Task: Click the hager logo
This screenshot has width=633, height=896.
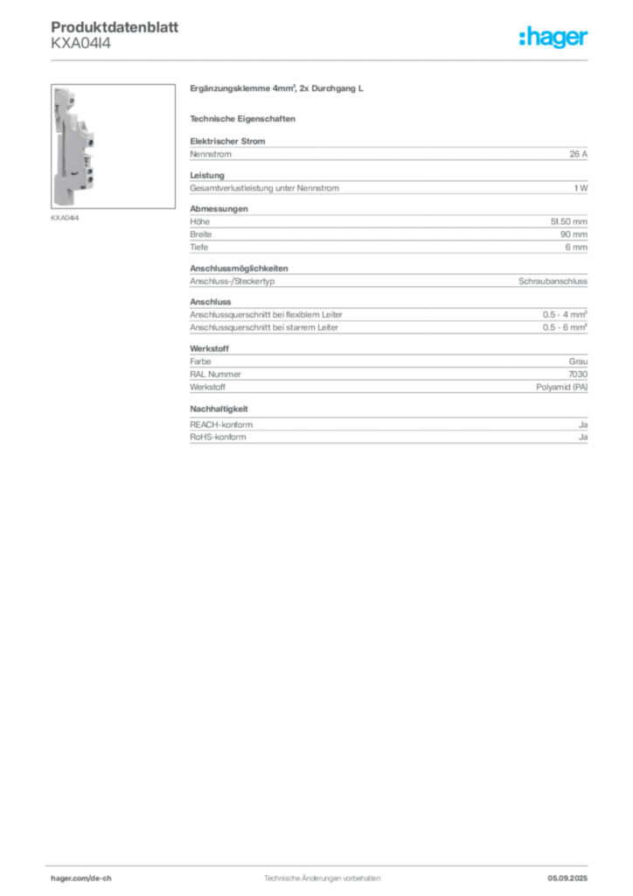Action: click(x=553, y=38)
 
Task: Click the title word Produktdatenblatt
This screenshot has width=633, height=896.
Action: click(x=115, y=27)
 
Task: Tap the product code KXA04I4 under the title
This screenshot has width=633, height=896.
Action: click(x=81, y=44)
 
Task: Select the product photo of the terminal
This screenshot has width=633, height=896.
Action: click(x=113, y=146)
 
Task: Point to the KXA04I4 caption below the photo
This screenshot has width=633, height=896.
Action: click(x=65, y=218)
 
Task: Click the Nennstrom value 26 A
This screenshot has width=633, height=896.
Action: click(x=578, y=154)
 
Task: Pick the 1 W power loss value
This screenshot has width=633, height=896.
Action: click(x=581, y=188)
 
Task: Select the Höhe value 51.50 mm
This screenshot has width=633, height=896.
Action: click(x=568, y=221)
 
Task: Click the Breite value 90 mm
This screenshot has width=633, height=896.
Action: click(x=574, y=234)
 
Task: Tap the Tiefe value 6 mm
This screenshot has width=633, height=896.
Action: click(x=576, y=247)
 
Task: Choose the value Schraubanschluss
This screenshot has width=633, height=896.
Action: click(x=553, y=281)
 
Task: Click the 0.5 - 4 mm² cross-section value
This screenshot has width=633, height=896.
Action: click(x=565, y=314)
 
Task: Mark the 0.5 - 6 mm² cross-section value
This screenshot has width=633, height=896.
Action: click(x=565, y=327)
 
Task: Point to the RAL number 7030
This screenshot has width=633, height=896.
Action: click(x=578, y=374)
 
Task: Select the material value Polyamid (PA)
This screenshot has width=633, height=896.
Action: click(x=561, y=387)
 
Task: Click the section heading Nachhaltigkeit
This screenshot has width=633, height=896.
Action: click(x=219, y=409)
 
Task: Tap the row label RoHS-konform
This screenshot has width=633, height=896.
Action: click(x=218, y=437)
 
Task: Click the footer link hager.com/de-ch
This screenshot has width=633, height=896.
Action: click(x=81, y=878)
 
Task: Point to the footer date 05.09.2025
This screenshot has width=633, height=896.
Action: click(x=567, y=878)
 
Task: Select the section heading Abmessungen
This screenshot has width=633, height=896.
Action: click(x=219, y=208)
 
